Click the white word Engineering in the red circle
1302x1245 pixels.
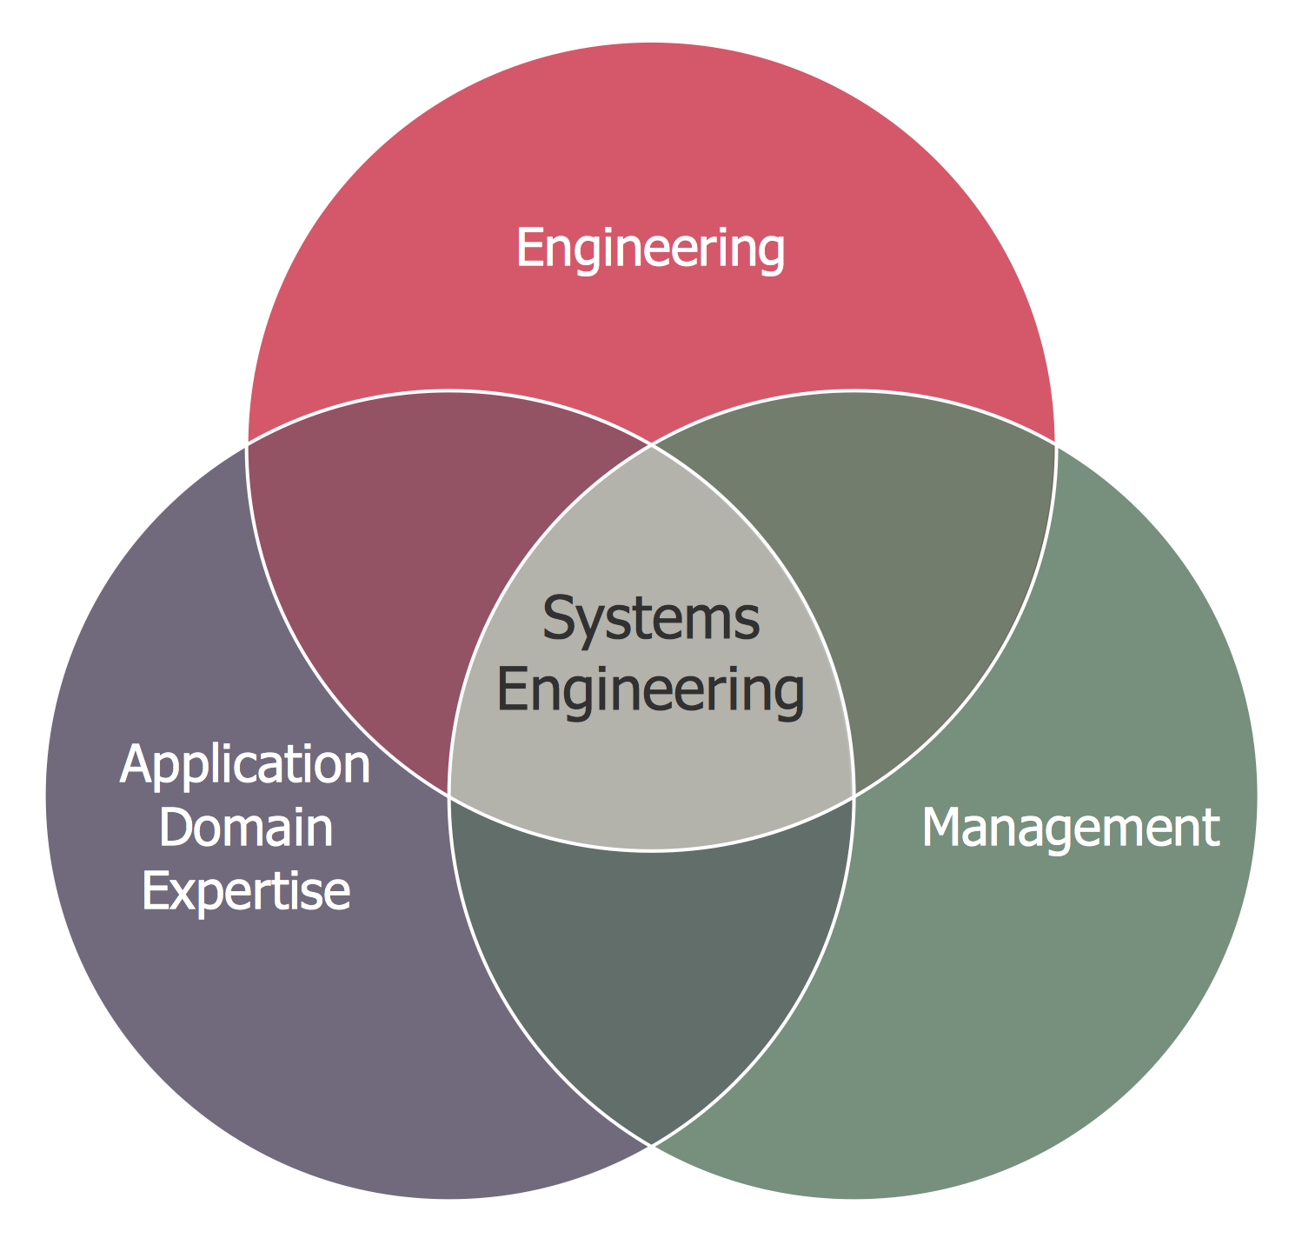coord(650,249)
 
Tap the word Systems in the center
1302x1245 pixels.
coord(651,618)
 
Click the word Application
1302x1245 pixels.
coord(246,765)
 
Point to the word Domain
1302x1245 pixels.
coord(246,828)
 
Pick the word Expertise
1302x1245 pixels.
coord(246,892)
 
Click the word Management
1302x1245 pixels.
coord(1071,829)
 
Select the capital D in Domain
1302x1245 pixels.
coord(177,828)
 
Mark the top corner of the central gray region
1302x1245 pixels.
coord(651,444)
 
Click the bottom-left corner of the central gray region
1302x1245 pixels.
coord(448,795)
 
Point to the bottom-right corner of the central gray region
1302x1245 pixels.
coord(854,795)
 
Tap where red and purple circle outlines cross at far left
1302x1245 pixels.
coord(247,444)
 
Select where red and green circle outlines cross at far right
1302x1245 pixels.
coord(1056,444)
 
